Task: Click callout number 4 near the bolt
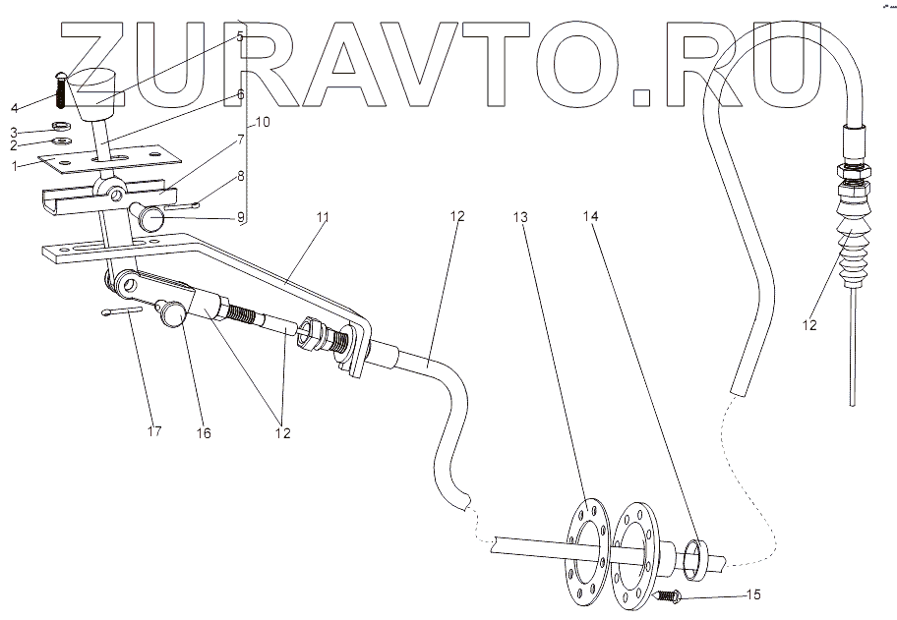tap(14, 106)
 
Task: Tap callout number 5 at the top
tap(239, 36)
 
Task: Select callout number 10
tap(263, 123)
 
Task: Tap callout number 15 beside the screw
tap(754, 595)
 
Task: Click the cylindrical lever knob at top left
tap(93, 87)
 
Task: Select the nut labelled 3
tap(59, 128)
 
